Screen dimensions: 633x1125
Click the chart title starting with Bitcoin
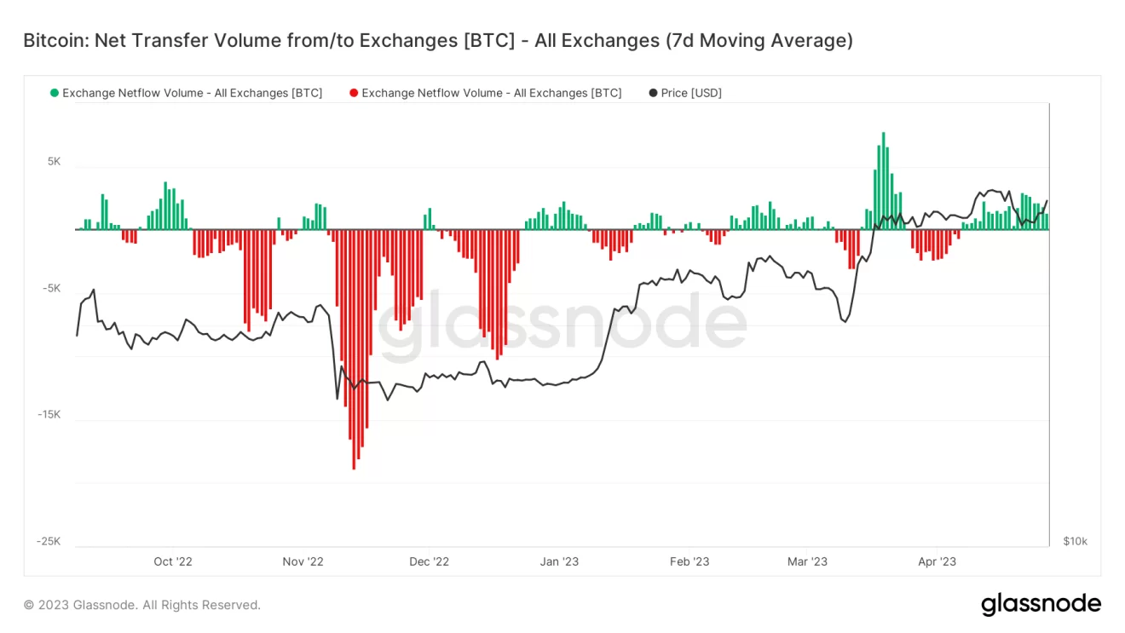coord(437,40)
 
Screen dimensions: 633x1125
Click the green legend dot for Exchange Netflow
coord(55,93)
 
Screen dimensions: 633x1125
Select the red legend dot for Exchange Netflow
coord(354,93)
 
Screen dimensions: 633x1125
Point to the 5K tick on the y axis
coord(54,161)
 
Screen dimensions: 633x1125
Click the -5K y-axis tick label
coord(51,288)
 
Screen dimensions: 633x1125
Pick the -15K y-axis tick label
coord(49,415)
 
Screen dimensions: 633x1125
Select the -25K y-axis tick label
coord(49,541)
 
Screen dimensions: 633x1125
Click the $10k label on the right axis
coord(1075,541)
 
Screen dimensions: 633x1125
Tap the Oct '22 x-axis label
coord(173,561)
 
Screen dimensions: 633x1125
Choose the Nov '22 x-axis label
coord(303,561)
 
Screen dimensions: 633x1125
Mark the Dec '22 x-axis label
coord(429,561)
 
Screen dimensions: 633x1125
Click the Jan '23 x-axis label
coord(559,561)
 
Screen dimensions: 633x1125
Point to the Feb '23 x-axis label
coord(689,561)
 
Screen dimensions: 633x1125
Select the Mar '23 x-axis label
coord(807,561)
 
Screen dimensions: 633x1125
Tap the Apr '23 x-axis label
coord(937,561)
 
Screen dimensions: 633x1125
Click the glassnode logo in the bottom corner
coord(1041,604)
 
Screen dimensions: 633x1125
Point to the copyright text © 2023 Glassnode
coord(141,605)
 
